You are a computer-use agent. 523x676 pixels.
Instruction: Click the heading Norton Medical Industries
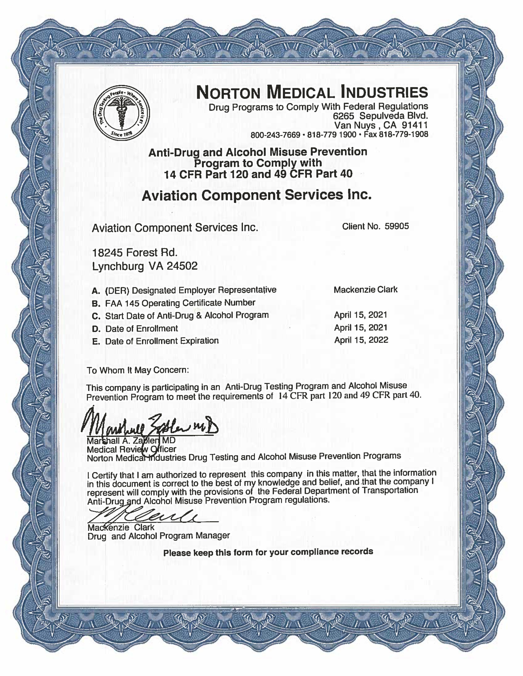[312, 92]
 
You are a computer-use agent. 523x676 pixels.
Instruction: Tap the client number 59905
[397, 226]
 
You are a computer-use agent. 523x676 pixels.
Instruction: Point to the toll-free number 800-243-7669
[275, 135]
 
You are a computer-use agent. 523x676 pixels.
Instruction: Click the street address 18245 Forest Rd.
[135, 253]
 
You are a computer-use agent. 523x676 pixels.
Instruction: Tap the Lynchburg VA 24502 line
[145, 266]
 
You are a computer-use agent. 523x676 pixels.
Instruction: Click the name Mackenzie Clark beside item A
[366, 290]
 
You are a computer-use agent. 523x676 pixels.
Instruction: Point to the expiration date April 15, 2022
[361, 340]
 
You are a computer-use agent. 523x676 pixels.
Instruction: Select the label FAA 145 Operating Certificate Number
[180, 303]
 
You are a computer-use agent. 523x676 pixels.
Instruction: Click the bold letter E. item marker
[96, 342]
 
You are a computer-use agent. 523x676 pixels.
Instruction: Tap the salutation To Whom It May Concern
[138, 370]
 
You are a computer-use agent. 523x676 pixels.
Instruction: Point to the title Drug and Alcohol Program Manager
[159, 536]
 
